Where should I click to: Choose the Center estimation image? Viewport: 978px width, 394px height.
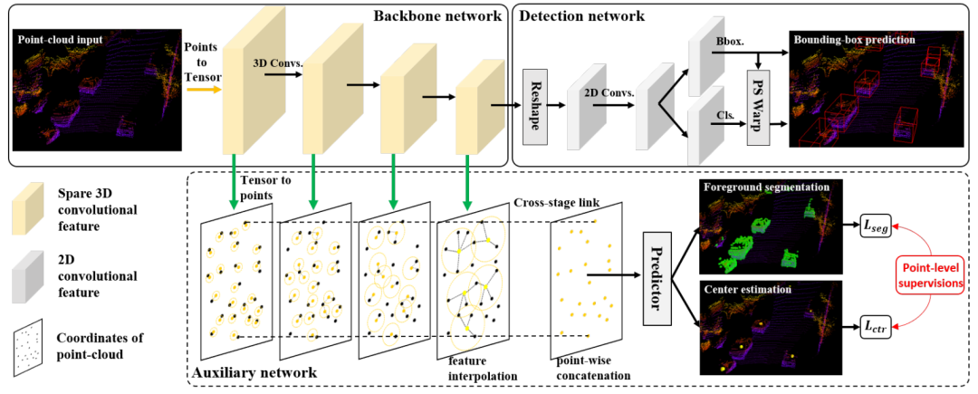[771, 327]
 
